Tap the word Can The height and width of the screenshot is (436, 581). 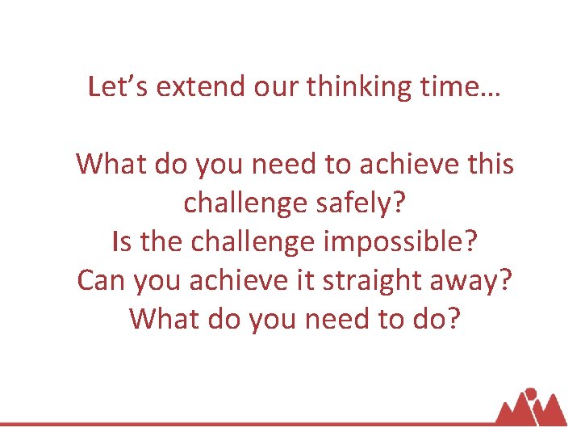pos(102,280)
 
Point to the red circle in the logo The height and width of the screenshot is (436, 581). pos(530,395)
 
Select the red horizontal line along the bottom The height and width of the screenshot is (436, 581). pos(242,423)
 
